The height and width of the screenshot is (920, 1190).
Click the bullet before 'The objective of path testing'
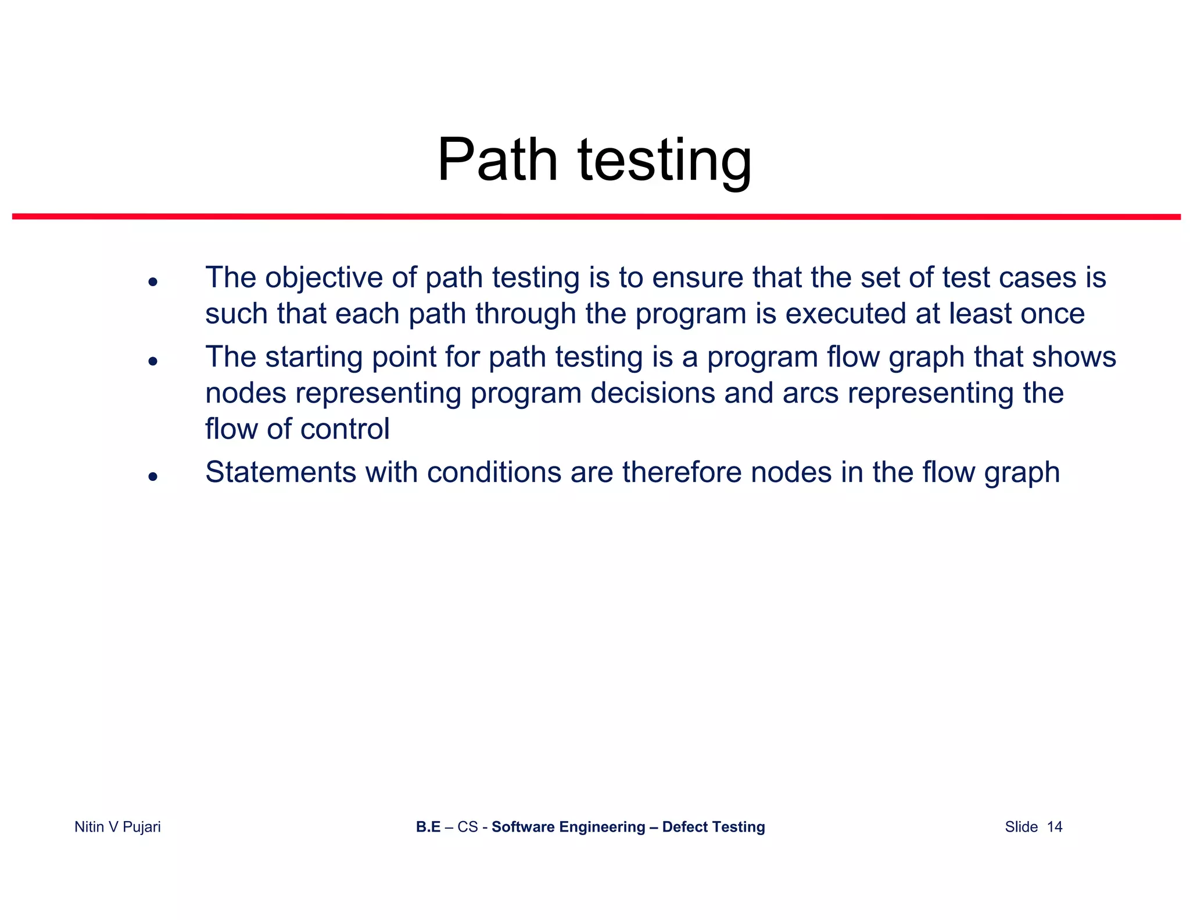[x=153, y=282]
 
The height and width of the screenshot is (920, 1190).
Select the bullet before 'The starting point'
[x=153, y=361]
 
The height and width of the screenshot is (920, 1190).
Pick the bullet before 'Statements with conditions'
[x=153, y=476]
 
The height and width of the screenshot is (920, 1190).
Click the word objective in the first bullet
[x=324, y=278]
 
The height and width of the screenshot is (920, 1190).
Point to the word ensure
[x=697, y=278]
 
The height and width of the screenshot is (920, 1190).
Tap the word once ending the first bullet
[x=1052, y=314]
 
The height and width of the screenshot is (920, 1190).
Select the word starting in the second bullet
[x=314, y=358]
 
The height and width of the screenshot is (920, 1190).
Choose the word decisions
[x=653, y=393]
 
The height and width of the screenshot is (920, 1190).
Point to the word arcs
[x=811, y=393]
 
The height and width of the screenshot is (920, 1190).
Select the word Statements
[x=281, y=472]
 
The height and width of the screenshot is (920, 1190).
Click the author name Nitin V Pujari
[x=117, y=827]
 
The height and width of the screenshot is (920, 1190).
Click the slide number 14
[x=1054, y=827]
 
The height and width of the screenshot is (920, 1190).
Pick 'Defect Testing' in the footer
[x=713, y=827]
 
